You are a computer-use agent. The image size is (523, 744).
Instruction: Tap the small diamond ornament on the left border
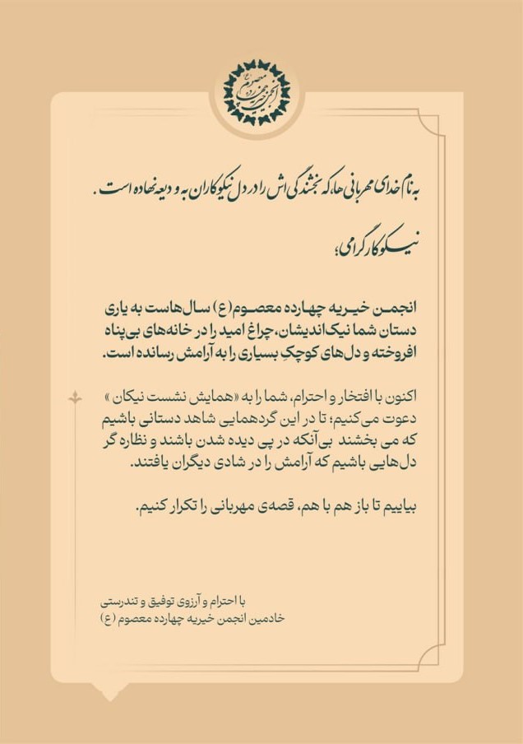click(x=76, y=399)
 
